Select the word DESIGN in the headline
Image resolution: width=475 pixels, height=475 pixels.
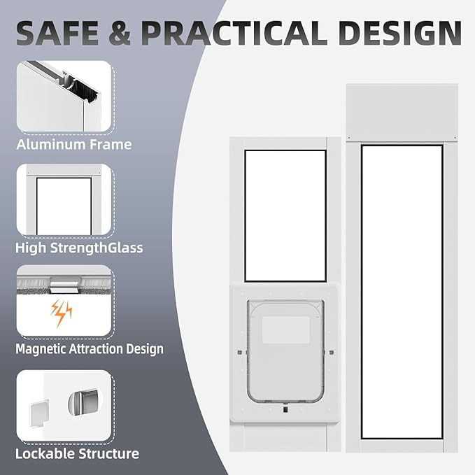[x=401, y=33]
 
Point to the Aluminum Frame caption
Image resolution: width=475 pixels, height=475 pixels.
[x=73, y=145]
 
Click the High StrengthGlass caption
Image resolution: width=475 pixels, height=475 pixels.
[x=79, y=248]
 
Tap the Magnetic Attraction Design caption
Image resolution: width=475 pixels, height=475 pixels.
[x=89, y=348]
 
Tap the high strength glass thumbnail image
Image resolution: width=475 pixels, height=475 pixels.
[x=64, y=199]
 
